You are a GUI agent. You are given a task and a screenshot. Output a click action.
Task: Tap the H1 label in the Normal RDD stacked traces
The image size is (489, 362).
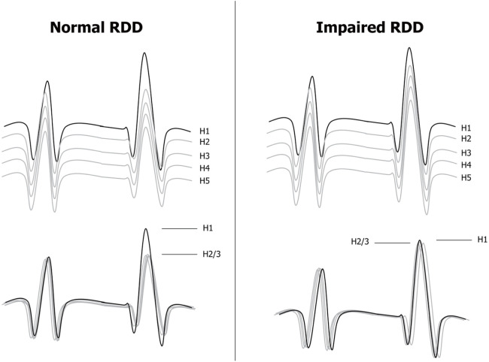tap(205, 130)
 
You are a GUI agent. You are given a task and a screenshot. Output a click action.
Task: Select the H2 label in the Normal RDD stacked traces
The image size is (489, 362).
tap(205, 141)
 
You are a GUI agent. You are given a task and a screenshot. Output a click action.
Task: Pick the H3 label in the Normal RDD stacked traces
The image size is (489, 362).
tap(205, 154)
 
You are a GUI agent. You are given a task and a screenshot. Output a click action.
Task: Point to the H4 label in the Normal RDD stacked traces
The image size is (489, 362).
tap(205, 166)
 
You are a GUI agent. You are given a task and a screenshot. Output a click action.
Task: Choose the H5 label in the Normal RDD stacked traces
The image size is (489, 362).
tap(205, 178)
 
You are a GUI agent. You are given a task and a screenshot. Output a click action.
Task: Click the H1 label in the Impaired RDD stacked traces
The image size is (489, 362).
tap(466, 128)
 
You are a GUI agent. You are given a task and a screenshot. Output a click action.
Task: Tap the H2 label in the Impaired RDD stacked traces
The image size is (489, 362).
tap(466, 139)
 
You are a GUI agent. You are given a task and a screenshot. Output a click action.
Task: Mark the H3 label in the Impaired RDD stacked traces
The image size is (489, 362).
tap(466, 152)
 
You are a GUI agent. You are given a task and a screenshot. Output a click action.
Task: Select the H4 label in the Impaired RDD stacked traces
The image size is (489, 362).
tap(466, 164)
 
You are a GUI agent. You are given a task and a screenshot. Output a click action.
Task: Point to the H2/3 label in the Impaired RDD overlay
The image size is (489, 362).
tap(362, 242)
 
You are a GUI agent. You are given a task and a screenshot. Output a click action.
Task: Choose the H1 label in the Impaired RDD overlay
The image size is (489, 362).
tap(481, 240)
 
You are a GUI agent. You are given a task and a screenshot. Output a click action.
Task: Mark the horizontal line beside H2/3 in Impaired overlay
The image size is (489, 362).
tap(393, 243)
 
